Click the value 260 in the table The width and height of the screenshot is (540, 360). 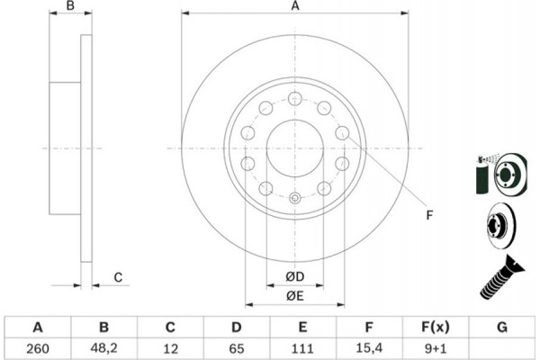[38, 348]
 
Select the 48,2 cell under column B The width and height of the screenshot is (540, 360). [104, 348]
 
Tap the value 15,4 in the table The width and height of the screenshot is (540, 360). [369, 348]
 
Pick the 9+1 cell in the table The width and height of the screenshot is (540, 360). [436, 348]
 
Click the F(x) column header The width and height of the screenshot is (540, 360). [436, 327]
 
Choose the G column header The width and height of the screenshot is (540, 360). [502, 327]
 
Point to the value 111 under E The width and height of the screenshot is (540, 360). [302, 348]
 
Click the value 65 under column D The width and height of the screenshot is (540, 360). [236, 348]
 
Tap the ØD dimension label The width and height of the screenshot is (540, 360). [295, 276]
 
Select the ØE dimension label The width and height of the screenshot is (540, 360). [295, 295]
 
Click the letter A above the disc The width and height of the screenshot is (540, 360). [295, 6]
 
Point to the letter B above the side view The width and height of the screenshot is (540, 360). [70, 6]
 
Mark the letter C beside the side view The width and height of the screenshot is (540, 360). [118, 277]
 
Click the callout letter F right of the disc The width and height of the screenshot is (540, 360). [429, 215]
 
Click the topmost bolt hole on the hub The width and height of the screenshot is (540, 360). [295, 98]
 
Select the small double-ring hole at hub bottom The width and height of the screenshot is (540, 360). [295, 198]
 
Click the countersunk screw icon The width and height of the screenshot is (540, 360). [501, 277]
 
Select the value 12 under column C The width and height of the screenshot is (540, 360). [170, 348]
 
